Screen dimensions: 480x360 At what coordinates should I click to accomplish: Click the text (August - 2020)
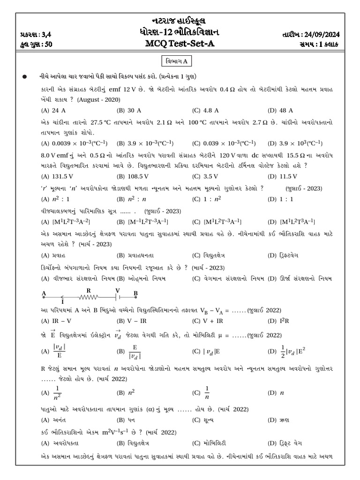(99, 100)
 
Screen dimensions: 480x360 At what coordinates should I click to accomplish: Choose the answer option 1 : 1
(286, 198)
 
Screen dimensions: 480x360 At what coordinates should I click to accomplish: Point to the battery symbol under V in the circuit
(118, 296)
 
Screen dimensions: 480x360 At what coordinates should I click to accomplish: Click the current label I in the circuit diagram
(62, 302)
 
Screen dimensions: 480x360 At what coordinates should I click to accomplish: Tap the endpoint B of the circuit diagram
(135, 294)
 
